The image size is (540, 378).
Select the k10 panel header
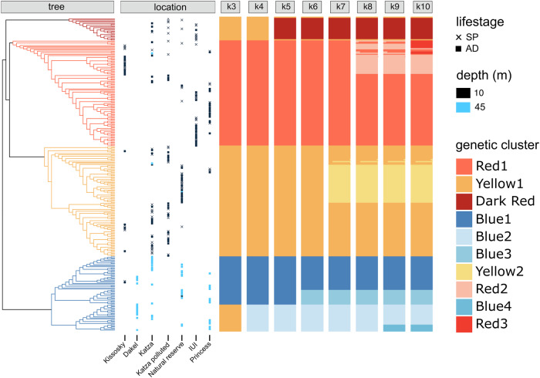421,7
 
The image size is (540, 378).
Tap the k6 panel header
312,7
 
